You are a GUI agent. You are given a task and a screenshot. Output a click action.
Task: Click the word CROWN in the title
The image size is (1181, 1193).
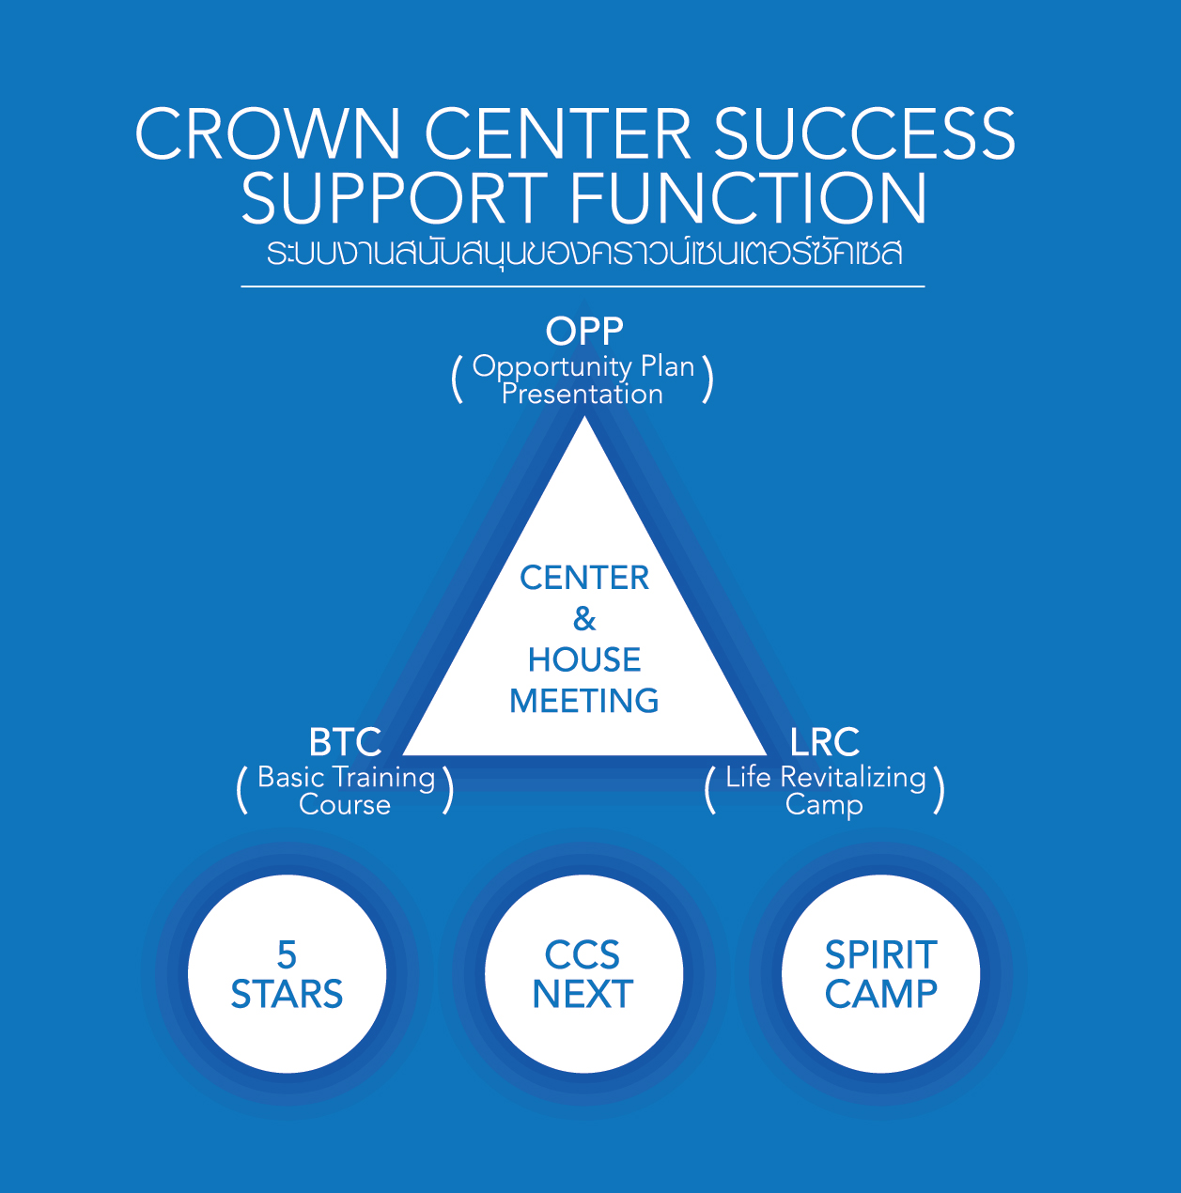tap(269, 133)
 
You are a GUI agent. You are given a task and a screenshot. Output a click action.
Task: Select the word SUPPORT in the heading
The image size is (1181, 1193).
tap(394, 198)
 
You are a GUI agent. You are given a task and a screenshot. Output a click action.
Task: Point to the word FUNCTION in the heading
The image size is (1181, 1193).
tap(748, 198)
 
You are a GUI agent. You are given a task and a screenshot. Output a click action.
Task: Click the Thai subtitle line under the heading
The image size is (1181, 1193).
tap(583, 253)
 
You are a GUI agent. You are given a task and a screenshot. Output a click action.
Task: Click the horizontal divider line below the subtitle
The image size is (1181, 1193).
tap(583, 286)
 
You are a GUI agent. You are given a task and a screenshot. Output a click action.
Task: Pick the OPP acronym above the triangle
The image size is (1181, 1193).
tap(584, 331)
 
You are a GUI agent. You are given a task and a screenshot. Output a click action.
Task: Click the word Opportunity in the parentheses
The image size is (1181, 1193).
tap(552, 366)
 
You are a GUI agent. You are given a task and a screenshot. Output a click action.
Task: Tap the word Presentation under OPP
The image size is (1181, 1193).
tap(583, 394)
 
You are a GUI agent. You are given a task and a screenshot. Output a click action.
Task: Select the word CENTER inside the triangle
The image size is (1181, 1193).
tap(584, 578)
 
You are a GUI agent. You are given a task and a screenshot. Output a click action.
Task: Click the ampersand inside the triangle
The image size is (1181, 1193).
tap(584, 619)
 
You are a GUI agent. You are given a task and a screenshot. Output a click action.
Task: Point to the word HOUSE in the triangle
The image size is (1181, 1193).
tap(584, 660)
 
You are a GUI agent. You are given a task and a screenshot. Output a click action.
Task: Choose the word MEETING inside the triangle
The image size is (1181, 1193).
tap(584, 701)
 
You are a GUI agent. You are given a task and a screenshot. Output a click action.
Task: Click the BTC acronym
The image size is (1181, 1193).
tap(345, 742)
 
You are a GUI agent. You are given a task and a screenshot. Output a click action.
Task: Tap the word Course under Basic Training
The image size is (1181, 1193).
tap(345, 805)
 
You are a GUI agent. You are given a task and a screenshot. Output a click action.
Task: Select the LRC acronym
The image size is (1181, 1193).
tap(824, 742)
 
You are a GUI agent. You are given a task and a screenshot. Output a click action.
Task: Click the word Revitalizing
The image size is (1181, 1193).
tap(853, 778)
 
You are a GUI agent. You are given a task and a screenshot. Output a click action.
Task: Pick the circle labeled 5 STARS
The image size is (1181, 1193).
tap(287, 974)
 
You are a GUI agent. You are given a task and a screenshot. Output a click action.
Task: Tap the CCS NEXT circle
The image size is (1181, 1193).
tap(583, 974)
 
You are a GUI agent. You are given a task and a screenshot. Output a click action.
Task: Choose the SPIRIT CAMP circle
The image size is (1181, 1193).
tap(880, 974)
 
